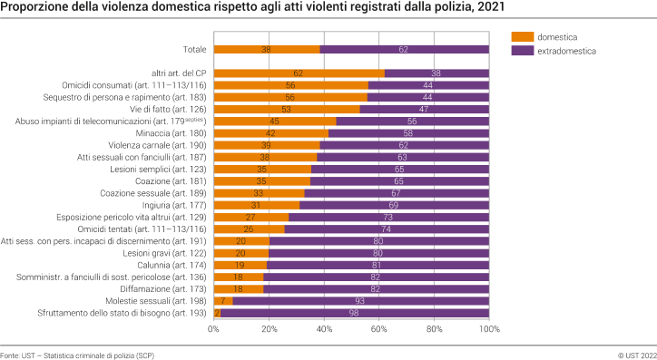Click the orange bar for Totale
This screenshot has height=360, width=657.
(267, 50)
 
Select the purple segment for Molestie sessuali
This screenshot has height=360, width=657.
(360, 301)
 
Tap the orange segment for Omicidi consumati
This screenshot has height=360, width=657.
(290, 85)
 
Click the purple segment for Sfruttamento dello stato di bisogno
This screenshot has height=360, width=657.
(355, 313)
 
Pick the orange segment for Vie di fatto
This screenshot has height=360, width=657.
(287, 109)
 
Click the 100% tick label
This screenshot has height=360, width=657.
(490, 330)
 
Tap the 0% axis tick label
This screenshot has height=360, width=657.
(213, 330)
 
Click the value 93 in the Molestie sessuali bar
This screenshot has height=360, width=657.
(360, 301)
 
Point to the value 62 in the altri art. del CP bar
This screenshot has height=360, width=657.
(299, 73)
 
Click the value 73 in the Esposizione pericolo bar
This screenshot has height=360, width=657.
(388, 217)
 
